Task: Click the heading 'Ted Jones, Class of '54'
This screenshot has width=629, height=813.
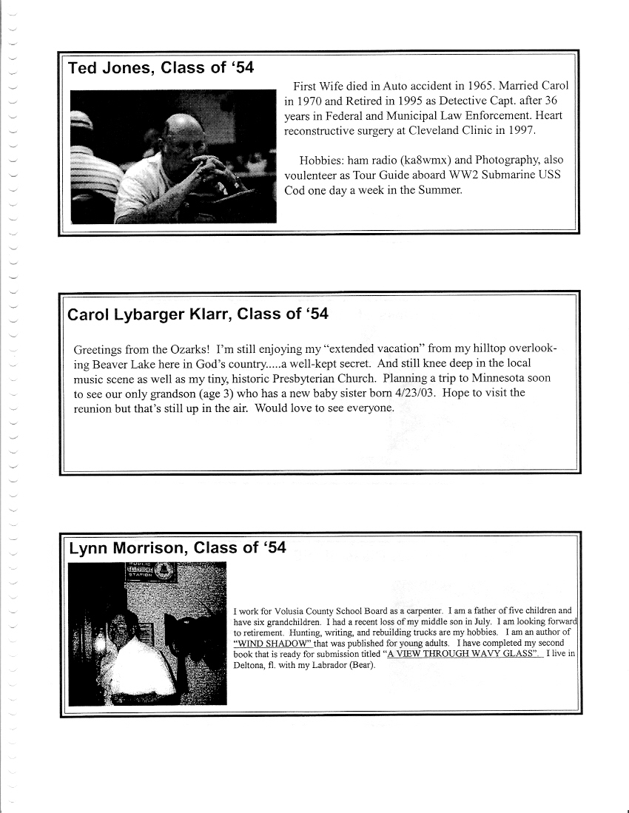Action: click(161, 69)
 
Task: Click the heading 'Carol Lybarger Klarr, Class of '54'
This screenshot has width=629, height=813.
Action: click(198, 314)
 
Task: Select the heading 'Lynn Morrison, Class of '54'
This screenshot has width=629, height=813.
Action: click(177, 548)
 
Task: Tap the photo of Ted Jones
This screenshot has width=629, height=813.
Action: click(173, 156)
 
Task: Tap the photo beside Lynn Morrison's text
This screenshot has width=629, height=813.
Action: click(147, 634)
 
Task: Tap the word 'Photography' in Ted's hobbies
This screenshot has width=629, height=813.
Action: click(500, 160)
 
